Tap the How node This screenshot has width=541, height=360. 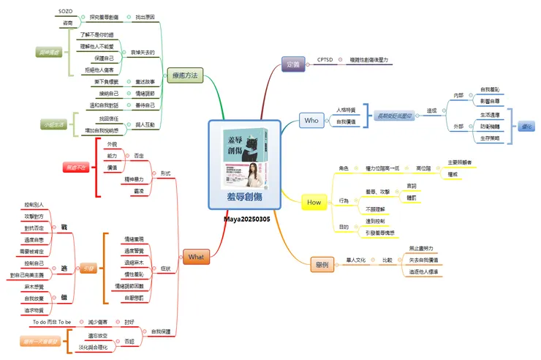click(x=314, y=202)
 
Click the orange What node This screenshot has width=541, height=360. click(x=197, y=257)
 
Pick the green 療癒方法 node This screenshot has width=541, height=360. click(x=184, y=75)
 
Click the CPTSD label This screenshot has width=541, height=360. click(x=325, y=59)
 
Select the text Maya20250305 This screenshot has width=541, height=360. click(x=246, y=219)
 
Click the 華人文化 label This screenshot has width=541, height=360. click(x=360, y=260)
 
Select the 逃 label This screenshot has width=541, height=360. click(x=64, y=269)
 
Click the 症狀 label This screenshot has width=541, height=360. click(x=166, y=269)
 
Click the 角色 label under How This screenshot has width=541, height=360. click(x=344, y=168)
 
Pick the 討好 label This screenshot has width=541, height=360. click(x=129, y=322)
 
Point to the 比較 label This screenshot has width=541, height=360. click(x=387, y=260)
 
